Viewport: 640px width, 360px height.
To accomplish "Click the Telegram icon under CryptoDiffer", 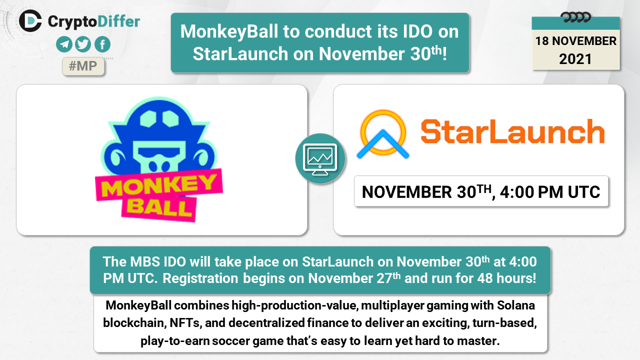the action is (64, 44).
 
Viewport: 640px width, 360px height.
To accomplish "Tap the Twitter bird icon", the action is (83, 44).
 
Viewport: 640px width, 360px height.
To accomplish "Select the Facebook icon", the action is (102, 44).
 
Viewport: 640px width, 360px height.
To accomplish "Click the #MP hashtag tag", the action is (83, 66).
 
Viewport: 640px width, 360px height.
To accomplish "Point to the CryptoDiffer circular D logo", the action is (30, 20).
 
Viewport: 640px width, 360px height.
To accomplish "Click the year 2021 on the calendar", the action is (575, 59).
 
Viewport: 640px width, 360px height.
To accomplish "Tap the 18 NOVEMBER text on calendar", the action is (575, 41).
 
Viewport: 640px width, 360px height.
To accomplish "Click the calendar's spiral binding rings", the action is (575, 17).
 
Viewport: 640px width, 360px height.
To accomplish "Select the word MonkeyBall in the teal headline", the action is (229, 32).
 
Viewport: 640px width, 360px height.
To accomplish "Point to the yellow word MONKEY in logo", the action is (159, 186).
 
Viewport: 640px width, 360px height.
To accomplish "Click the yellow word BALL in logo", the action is (159, 207).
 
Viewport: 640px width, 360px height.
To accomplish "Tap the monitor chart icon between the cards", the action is (320, 159).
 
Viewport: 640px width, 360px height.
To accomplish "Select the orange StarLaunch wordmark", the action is (512, 131).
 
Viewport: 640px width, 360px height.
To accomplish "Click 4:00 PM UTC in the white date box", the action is (550, 192).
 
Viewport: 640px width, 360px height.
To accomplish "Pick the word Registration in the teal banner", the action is (200, 278).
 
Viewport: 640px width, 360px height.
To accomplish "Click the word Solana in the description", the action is (516, 305).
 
